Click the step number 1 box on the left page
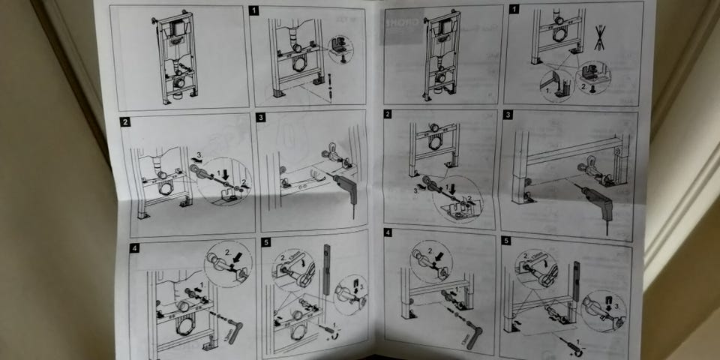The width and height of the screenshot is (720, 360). point(255,10)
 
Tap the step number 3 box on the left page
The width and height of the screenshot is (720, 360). point(261,118)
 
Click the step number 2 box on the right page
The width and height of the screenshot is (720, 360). point(388,114)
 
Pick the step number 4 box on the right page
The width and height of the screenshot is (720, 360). point(388,233)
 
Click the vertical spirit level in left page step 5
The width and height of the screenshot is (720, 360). point(327,268)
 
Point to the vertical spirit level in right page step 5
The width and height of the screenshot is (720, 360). point(575,289)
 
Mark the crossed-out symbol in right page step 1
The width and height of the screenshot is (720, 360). point(598,37)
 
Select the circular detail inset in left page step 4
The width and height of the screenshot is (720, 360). point(228,263)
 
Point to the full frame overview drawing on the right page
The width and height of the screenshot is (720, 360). point(440,56)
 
